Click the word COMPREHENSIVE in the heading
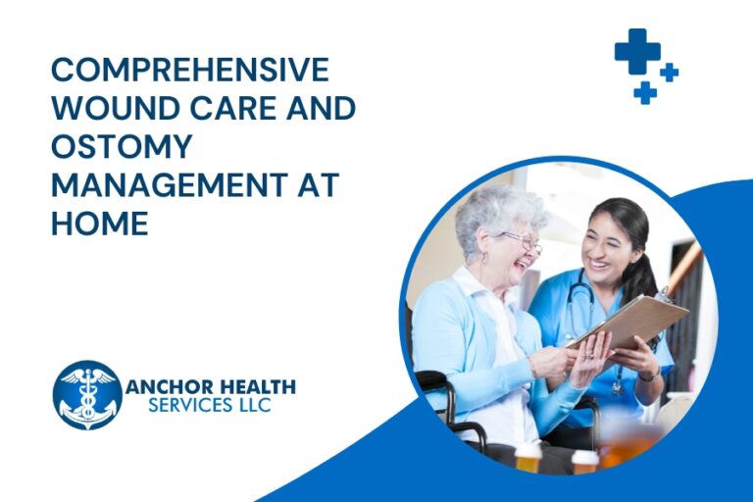tap(189, 71)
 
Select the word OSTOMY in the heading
tap(121, 147)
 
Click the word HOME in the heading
tap(99, 224)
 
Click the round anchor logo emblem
tap(87, 394)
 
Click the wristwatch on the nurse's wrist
tap(648, 374)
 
